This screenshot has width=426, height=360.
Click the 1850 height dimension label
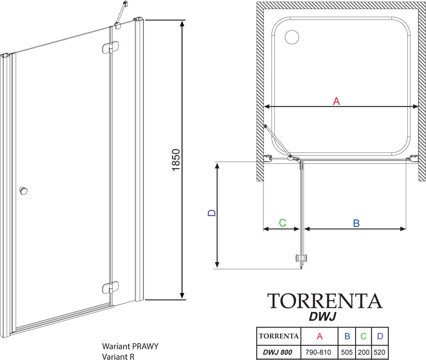[x=176, y=159]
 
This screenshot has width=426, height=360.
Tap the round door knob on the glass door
[x=24, y=190]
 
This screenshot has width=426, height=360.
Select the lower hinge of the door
[x=110, y=288]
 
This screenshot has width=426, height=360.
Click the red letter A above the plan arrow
[x=336, y=101]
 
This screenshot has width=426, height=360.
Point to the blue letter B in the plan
[x=356, y=223]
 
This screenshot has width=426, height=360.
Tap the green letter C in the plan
[x=283, y=223]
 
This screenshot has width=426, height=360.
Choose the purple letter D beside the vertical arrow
[x=212, y=213]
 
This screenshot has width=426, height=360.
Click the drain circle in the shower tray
[x=292, y=36]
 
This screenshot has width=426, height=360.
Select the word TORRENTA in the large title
[x=325, y=301]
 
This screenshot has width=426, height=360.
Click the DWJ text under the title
[x=323, y=316]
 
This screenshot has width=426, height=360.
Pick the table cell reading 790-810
[x=318, y=352]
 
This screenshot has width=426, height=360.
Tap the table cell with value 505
[x=347, y=352]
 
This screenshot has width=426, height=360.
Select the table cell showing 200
[x=364, y=352]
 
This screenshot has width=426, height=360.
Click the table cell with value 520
[x=379, y=352]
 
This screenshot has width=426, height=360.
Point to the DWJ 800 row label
[x=278, y=352]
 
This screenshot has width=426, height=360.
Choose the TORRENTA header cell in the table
[x=279, y=336]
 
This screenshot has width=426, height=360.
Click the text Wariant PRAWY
[x=130, y=346]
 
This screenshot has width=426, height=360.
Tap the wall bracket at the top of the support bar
[x=125, y=4]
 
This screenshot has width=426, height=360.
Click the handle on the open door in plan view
[x=301, y=258]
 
